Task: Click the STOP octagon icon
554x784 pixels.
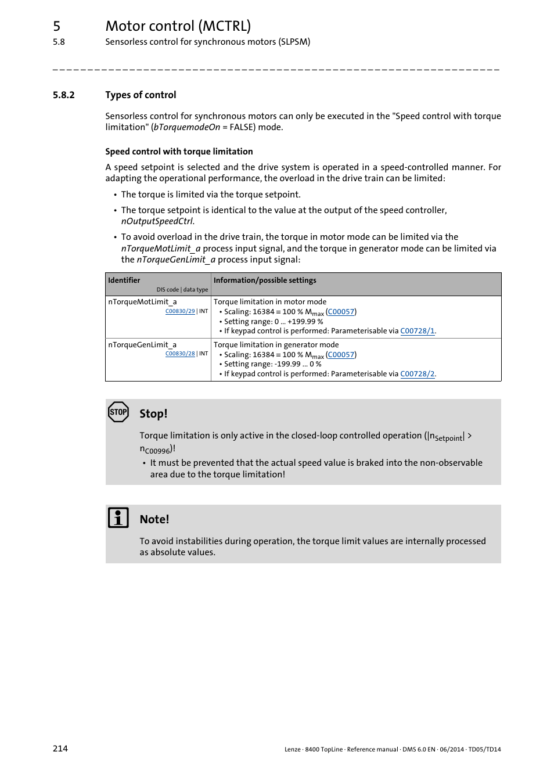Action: (x=118, y=412)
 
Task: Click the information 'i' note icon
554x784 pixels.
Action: (x=118, y=517)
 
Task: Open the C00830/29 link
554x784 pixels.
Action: (x=180, y=311)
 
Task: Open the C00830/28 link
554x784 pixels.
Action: (x=180, y=354)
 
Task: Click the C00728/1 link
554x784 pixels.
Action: (x=417, y=331)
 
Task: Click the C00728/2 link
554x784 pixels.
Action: (x=417, y=374)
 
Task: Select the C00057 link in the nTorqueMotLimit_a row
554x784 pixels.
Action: (x=341, y=312)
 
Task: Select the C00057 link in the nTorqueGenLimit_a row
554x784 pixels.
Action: (x=341, y=355)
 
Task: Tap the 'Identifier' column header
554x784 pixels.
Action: (x=124, y=280)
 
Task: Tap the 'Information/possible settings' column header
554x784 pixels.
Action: (x=265, y=280)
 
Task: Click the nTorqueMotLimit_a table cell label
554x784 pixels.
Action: (x=142, y=302)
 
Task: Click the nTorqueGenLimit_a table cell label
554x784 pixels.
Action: (x=142, y=345)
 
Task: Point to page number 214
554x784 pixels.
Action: (x=60, y=749)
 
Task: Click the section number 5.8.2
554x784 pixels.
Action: (x=64, y=95)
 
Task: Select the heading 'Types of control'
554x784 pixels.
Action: (x=141, y=95)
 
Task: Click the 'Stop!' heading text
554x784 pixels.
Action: (x=153, y=414)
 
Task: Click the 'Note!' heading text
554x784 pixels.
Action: (x=154, y=520)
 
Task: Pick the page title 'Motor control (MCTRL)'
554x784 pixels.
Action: (x=178, y=26)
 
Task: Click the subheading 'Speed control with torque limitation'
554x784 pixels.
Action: (x=179, y=152)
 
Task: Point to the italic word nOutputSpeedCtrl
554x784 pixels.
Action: (x=157, y=221)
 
